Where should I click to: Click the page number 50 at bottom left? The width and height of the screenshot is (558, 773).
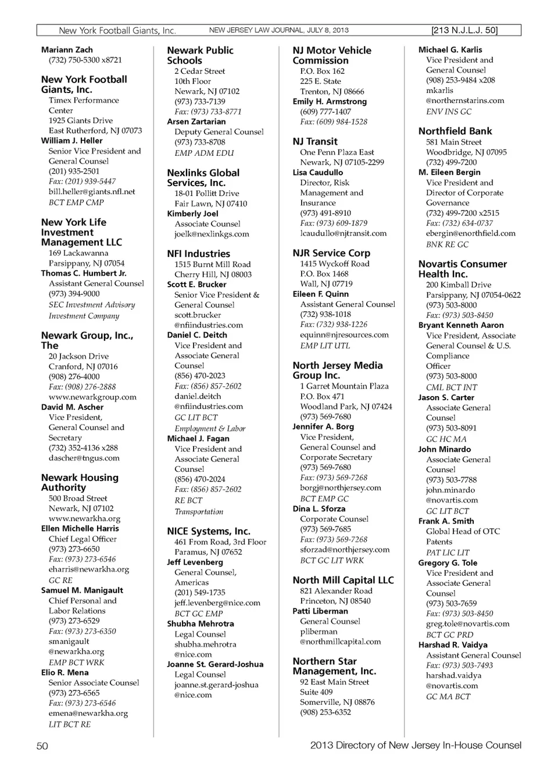point(42,746)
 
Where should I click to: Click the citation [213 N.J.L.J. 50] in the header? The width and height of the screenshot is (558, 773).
point(464,30)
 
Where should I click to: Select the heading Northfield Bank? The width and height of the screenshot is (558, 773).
point(455,131)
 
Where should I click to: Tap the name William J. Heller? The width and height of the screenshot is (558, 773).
point(71,141)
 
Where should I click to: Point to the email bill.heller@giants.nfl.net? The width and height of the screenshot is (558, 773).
point(92,191)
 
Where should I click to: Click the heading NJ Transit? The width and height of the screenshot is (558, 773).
point(315,141)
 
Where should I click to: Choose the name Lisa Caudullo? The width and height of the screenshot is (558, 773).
point(318,173)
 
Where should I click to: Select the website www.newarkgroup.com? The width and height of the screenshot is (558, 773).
point(92,397)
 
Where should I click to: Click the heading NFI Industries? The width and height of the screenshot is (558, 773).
point(198,254)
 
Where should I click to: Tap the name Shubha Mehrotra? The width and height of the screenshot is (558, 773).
point(201,624)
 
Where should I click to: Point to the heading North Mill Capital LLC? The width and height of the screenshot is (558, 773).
point(343,580)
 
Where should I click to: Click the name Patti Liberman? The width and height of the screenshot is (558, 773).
point(320,611)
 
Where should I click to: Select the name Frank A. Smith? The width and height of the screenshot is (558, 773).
point(446,521)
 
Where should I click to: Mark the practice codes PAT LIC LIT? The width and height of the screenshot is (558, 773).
point(448,553)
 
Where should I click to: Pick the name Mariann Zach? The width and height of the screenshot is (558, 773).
point(67,50)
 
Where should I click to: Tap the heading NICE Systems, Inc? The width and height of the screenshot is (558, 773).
point(209,531)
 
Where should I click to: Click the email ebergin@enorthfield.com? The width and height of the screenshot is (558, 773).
point(470,233)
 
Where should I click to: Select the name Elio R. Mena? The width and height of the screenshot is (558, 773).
point(65,672)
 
